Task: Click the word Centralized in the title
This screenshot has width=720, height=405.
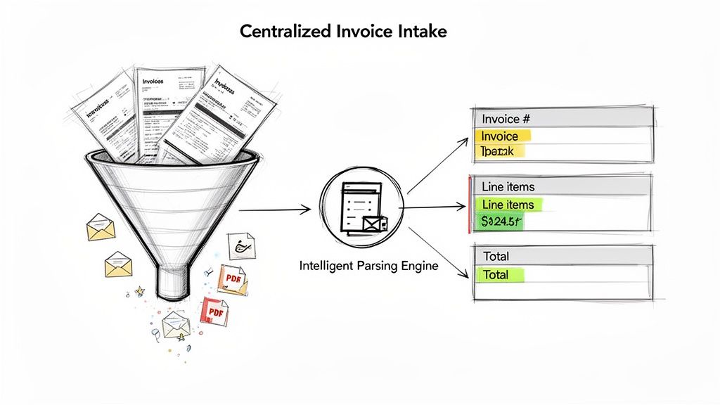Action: click(285, 32)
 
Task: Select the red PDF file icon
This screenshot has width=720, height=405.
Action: click(214, 310)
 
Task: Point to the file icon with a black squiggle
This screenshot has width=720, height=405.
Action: click(242, 246)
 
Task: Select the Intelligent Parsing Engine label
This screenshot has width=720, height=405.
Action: click(369, 266)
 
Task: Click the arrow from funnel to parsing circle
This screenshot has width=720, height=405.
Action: click(274, 209)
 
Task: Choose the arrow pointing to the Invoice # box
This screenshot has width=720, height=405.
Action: click(437, 165)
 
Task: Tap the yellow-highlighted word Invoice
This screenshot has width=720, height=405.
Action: click(501, 136)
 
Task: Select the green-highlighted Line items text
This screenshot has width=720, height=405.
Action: click(508, 205)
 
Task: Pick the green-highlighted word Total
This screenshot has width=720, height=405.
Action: click(496, 275)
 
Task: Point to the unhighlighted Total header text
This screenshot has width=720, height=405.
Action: click(496, 256)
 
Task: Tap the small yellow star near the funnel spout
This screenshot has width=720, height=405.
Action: click(139, 290)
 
